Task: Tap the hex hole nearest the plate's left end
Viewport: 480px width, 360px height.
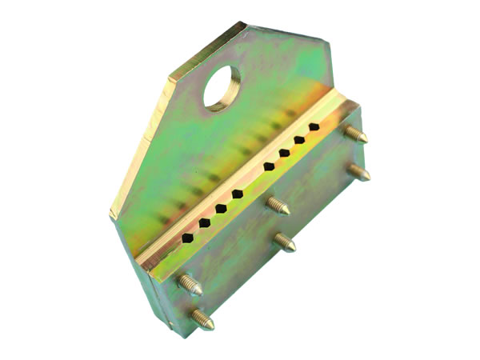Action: [187, 238]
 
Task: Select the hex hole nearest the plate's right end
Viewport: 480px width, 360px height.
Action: [314, 127]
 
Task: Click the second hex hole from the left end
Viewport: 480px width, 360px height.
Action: [205, 223]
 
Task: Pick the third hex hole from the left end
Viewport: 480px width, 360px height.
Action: [221, 209]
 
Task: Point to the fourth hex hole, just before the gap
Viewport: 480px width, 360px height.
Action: [238, 194]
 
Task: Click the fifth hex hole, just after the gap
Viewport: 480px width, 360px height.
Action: [269, 167]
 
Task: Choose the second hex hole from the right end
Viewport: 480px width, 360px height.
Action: [299, 140]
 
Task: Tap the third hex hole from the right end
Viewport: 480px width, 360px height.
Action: [284, 153]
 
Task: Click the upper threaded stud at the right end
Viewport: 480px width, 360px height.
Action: [355, 134]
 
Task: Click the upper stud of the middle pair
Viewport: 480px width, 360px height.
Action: [278, 205]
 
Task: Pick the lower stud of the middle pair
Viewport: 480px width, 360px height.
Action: [283, 242]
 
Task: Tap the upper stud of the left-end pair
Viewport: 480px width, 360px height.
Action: [189, 283]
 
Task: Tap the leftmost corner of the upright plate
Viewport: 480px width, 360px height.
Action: [111, 214]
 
